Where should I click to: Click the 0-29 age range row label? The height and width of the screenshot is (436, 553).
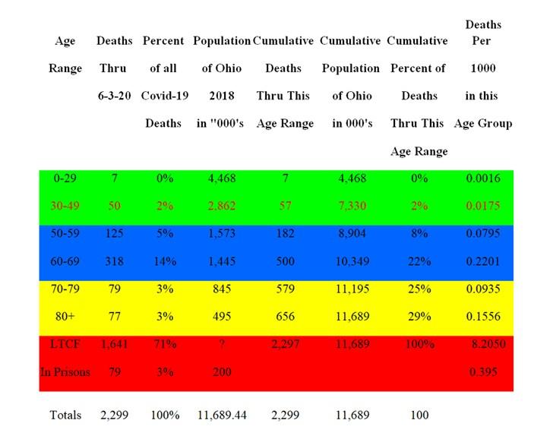[x=65, y=179]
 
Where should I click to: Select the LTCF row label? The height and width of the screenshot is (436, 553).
[x=65, y=344]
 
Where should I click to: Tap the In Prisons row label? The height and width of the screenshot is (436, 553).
[x=65, y=371]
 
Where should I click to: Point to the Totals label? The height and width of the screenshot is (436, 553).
[x=65, y=415]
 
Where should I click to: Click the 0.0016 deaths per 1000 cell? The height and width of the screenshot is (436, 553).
[x=483, y=179]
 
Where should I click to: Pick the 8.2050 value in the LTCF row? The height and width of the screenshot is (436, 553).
[x=488, y=344]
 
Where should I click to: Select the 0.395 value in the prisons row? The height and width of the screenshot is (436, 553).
[x=483, y=371]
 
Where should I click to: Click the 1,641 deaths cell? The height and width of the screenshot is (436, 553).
[x=114, y=344]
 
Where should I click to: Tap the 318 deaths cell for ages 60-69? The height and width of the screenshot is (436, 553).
[x=114, y=261]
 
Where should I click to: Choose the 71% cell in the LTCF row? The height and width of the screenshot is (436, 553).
[x=165, y=344]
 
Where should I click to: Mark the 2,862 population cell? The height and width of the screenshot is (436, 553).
[x=222, y=206]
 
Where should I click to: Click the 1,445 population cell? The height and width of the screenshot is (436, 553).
[x=222, y=261]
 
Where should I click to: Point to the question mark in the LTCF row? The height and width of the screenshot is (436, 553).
[x=222, y=344]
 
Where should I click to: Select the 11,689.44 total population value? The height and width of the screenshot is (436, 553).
[x=222, y=415]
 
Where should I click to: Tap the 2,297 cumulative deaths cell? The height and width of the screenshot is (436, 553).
[x=286, y=344]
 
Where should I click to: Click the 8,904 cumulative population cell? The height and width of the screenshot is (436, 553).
[x=352, y=233]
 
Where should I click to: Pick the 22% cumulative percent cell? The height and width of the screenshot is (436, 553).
[x=419, y=261]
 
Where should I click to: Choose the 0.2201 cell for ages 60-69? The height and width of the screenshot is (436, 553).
[x=483, y=261]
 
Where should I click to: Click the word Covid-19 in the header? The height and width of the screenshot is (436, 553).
[x=165, y=96]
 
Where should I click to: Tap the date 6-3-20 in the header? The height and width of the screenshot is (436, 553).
[x=114, y=96]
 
